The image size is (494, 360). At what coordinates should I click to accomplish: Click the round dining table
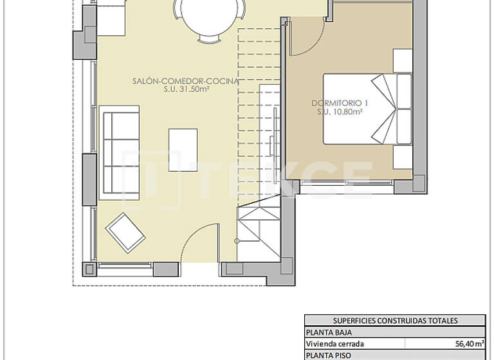pyautogui.click(x=208, y=14)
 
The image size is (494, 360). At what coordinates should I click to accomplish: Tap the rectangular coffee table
pyautogui.click(x=183, y=149)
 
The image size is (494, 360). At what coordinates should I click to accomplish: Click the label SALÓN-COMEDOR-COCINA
pyautogui.click(x=185, y=82)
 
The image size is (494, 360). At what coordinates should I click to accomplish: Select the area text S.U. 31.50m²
pyautogui.click(x=185, y=91)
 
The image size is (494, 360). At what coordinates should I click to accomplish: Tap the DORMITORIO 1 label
pyautogui.click(x=339, y=103)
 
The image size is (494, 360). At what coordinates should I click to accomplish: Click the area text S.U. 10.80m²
pyautogui.click(x=339, y=112)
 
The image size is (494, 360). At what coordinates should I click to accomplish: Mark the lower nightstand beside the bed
pyautogui.click(x=402, y=156)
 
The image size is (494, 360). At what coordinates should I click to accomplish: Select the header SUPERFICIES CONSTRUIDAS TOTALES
pyautogui.click(x=395, y=321)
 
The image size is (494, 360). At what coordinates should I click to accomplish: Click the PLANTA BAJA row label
pyautogui.click(x=325, y=332)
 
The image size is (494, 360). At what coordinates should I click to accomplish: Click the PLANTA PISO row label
pyautogui.click(x=325, y=355)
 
